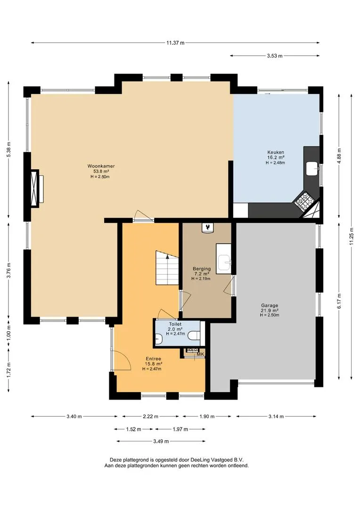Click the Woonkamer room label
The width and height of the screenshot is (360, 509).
101,166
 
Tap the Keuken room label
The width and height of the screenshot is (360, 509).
276,152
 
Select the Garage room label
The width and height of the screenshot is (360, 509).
270,305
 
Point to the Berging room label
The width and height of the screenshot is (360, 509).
202,269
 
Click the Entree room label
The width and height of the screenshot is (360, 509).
153,359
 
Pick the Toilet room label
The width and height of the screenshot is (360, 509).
175,324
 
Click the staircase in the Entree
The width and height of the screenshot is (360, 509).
167,268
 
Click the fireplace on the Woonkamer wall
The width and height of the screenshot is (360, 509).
35,188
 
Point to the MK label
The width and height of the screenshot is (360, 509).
200,354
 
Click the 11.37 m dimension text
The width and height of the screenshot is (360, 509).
175,42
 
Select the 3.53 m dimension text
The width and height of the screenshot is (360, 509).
275,56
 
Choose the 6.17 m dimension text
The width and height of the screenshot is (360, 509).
339,301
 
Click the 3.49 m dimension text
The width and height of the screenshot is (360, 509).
161,441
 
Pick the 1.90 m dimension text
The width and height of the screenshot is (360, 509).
207,417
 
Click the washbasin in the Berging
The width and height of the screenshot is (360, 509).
224,259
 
